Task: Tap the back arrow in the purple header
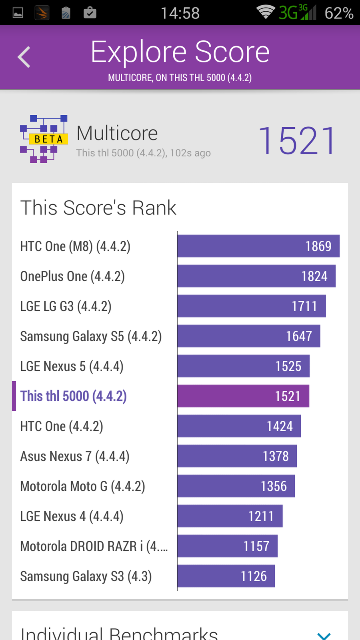pos(24,57)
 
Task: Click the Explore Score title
pos(180,52)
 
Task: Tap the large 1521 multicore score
pos(297,141)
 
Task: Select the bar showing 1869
pos(258,246)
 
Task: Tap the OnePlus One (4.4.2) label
pos(72,276)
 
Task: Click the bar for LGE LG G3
pos(252,306)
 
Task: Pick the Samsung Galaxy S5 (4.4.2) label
pos(91,336)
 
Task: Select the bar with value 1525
pos(244,366)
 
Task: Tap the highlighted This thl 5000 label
pos(74,396)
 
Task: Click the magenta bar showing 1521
pos(243,396)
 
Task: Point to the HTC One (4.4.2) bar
pos(239,426)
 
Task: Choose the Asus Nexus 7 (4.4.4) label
pos(75,456)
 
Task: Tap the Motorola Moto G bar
pos(236,486)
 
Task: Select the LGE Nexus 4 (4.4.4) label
pos(72,516)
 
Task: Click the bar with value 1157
pos(228,546)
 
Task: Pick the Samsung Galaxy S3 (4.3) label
pos(86,576)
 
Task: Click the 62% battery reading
pos(339,13)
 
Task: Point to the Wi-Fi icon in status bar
pos(265,12)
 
